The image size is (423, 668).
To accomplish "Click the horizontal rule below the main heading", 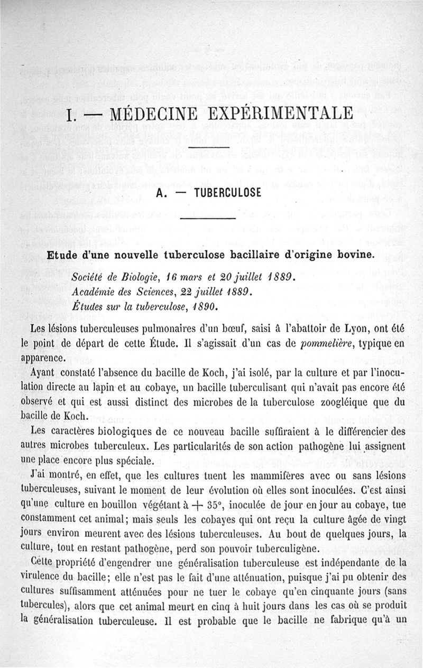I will [x=208, y=147].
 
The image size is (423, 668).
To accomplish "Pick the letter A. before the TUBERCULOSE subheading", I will [x=161, y=193].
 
